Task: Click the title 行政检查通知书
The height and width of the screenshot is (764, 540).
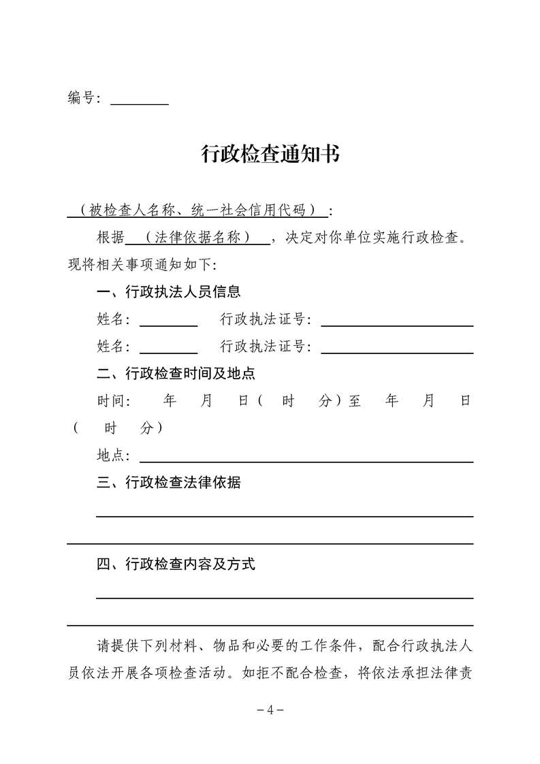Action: [x=270, y=155]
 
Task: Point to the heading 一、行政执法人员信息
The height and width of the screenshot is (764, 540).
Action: [x=169, y=292]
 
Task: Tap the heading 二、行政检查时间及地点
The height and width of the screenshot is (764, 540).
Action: [x=176, y=374]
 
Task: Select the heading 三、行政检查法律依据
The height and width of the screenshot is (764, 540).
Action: [x=169, y=483]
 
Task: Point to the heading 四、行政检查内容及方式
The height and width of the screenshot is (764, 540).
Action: [x=176, y=564]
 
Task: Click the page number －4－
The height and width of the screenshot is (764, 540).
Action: [x=270, y=710]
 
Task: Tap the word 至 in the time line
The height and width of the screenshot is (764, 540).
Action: [x=355, y=401]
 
